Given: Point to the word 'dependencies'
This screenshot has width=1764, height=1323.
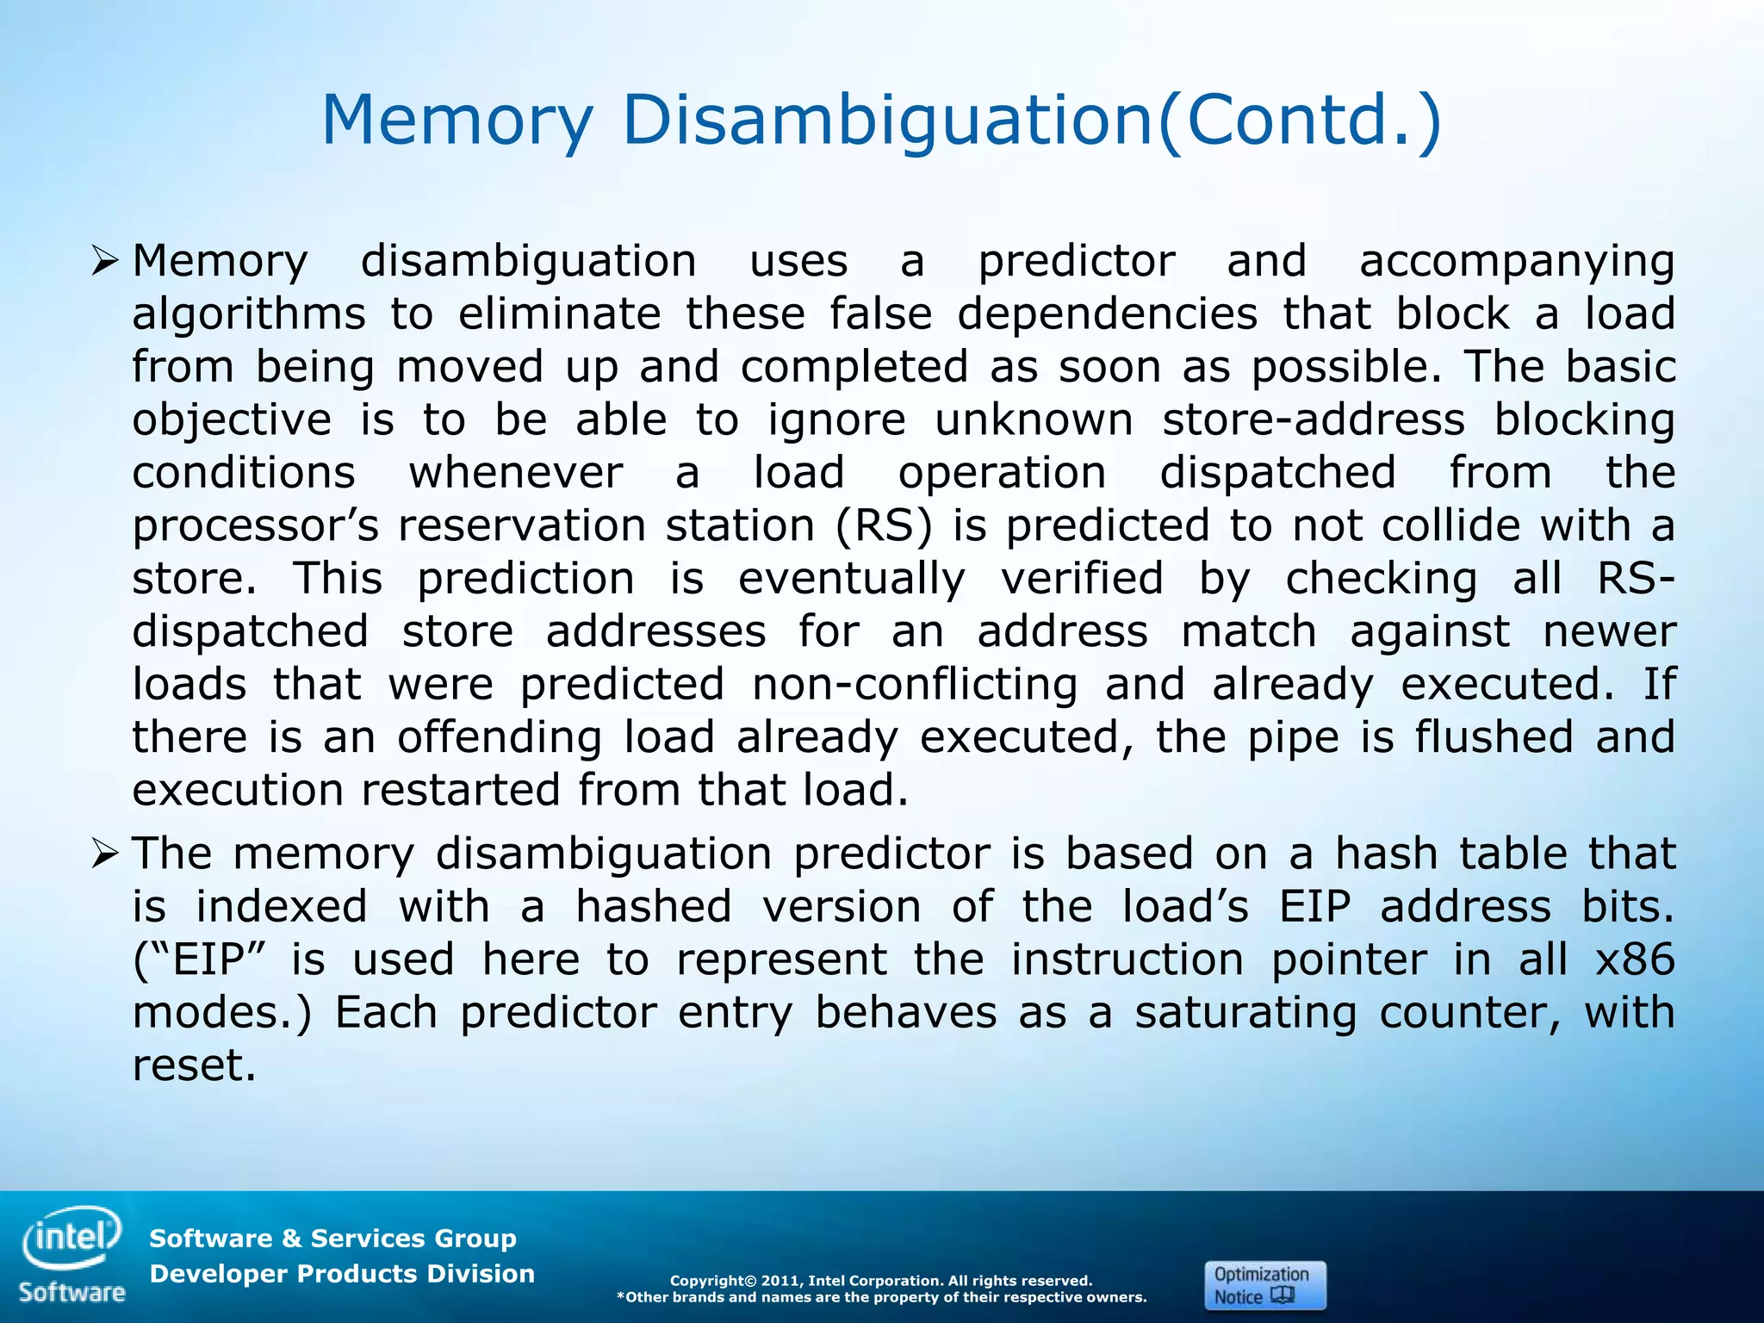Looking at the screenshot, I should [1107, 314].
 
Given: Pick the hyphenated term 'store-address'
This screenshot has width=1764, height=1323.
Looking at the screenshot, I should [1314, 420].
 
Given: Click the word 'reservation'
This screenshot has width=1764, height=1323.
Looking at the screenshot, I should [522, 525].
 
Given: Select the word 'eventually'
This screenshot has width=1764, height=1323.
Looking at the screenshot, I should [852, 579].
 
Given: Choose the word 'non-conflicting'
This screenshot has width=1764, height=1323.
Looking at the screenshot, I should [915, 685].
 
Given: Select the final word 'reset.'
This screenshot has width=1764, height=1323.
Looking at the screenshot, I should [195, 1065].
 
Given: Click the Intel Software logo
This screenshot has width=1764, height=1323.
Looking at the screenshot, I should [72, 1254].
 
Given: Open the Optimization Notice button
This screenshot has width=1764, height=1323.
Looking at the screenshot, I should [1264, 1285].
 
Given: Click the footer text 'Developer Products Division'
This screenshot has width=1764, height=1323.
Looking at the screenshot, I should [342, 1274].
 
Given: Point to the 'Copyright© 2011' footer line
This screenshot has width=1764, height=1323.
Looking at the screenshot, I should [881, 1281].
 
